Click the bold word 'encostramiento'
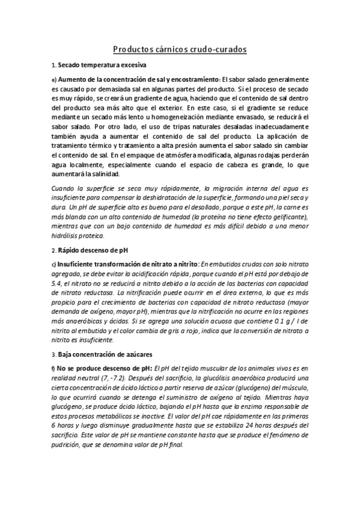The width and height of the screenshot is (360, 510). tap(193, 79)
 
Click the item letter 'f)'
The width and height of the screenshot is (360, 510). tap(53, 368)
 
